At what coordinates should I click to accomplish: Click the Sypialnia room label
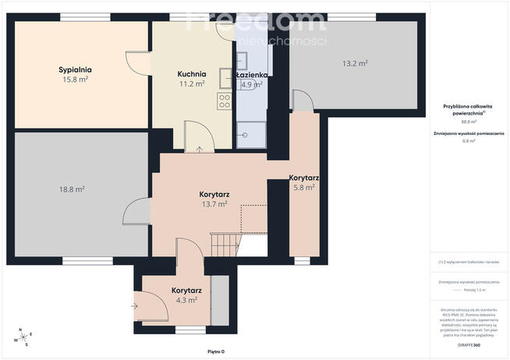pos(73,69)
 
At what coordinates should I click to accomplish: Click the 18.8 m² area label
pos(72,189)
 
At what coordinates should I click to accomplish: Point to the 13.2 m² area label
pos(355,63)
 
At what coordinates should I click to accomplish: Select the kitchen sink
pos(225,77)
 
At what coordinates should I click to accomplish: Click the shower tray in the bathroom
pos(251,134)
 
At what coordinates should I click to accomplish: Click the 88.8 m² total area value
pos(469,122)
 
